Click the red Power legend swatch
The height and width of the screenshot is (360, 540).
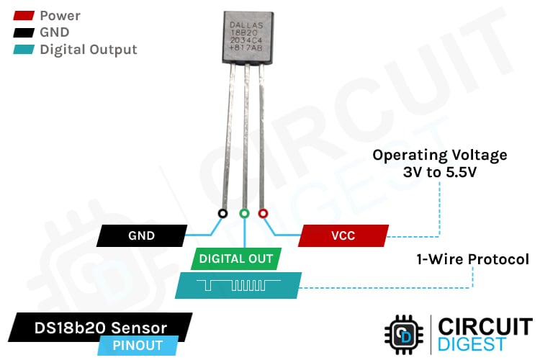(x=22, y=15)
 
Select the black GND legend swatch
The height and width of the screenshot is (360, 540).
(x=22, y=32)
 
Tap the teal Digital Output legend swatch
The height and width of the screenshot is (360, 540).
(x=22, y=50)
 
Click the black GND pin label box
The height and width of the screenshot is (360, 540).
(x=141, y=235)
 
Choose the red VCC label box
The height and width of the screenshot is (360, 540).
(x=343, y=235)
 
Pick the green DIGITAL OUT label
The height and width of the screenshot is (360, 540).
(x=236, y=258)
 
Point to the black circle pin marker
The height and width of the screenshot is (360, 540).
(x=223, y=214)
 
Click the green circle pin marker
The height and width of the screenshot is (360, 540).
(x=244, y=214)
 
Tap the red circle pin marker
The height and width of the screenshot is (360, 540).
(x=264, y=214)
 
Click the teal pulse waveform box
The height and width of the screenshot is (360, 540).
(x=238, y=286)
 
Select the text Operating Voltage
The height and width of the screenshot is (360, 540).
(x=439, y=155)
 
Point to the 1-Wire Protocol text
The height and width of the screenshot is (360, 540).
(x=472, y=259)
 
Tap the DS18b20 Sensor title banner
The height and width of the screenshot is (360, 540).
(x=101, y=328)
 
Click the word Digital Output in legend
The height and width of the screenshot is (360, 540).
(x=88, y=50)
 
